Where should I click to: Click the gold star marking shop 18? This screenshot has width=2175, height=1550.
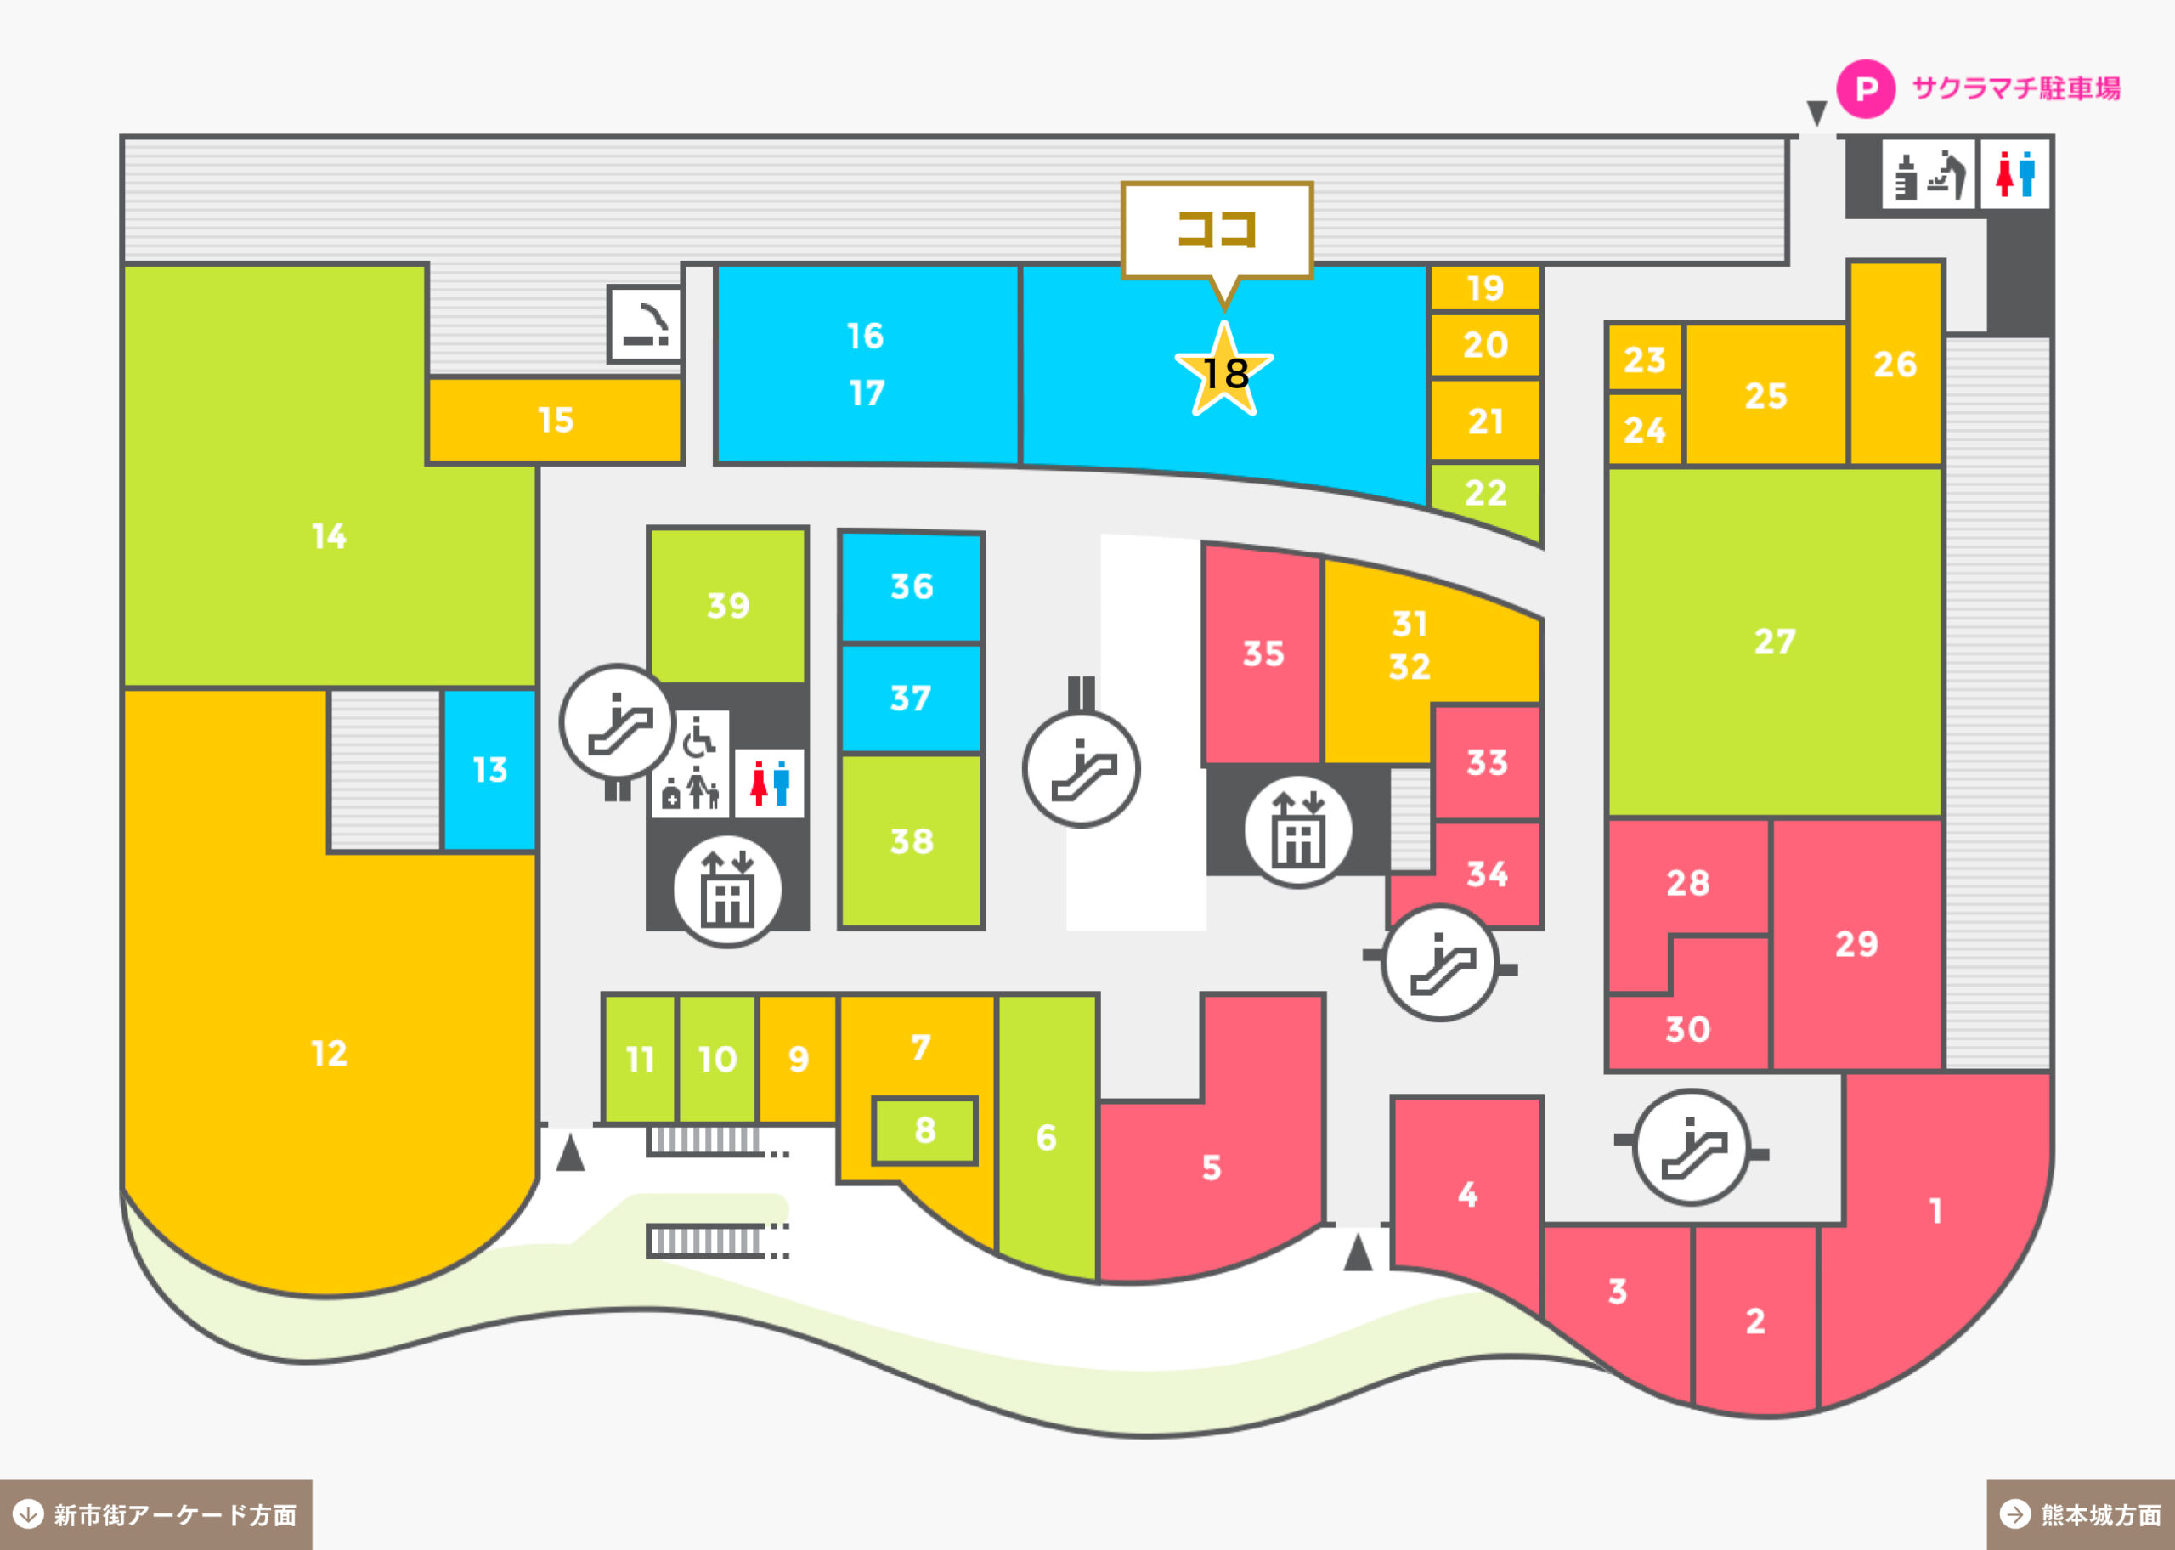1224,370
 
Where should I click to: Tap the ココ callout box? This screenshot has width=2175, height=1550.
1217,230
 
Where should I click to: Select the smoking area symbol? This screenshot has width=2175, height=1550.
646,325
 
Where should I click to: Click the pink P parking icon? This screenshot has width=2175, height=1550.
1866,88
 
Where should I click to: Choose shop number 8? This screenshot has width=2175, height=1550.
924,1131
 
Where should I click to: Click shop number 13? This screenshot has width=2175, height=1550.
489,769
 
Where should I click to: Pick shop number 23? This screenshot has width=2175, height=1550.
1645,359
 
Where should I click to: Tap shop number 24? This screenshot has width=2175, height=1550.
1645,429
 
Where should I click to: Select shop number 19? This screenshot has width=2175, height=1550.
1485,287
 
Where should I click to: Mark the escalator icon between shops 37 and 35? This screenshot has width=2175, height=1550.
1081,769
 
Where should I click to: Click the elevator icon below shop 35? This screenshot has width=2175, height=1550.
1297,830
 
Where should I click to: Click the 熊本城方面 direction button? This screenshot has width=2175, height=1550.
2081,1514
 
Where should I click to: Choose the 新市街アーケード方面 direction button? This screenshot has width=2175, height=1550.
155,1514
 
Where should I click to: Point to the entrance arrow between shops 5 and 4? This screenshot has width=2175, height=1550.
1358,1253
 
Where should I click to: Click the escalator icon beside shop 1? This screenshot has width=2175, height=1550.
1692,1147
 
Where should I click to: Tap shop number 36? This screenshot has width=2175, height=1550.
911,587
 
